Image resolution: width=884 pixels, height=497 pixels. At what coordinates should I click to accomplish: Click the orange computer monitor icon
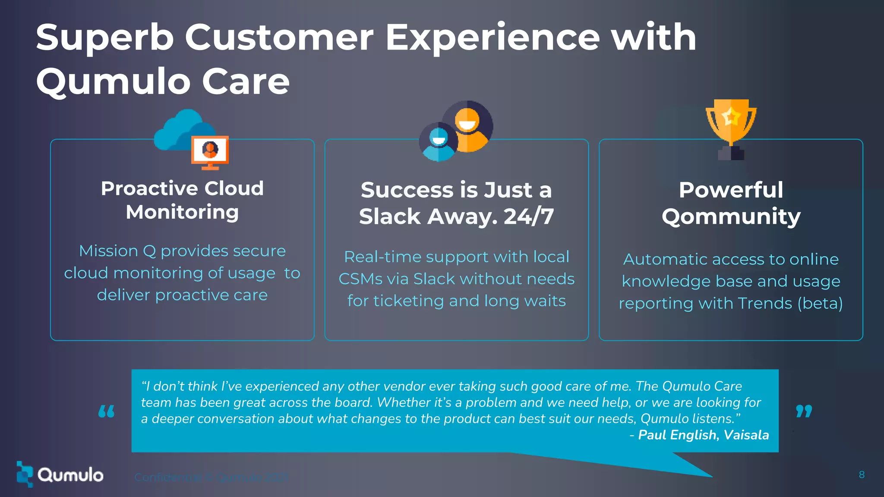coord(210,152)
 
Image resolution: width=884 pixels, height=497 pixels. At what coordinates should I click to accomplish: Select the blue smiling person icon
coord(439,142)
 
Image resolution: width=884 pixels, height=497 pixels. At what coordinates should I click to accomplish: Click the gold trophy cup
coord(731,123)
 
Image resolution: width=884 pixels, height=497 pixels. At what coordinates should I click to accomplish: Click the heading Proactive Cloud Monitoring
coord(182,200)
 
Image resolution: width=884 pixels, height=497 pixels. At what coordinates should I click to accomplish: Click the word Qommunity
coord(731,217)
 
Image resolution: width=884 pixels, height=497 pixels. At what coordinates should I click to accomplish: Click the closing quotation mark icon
coord(804,411)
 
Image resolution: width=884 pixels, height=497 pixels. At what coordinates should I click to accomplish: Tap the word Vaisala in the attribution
coord(746,435)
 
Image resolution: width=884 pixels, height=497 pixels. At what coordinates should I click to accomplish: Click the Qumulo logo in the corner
coord(60,475)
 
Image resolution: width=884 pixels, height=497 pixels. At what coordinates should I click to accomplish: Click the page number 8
coord(862,475)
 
